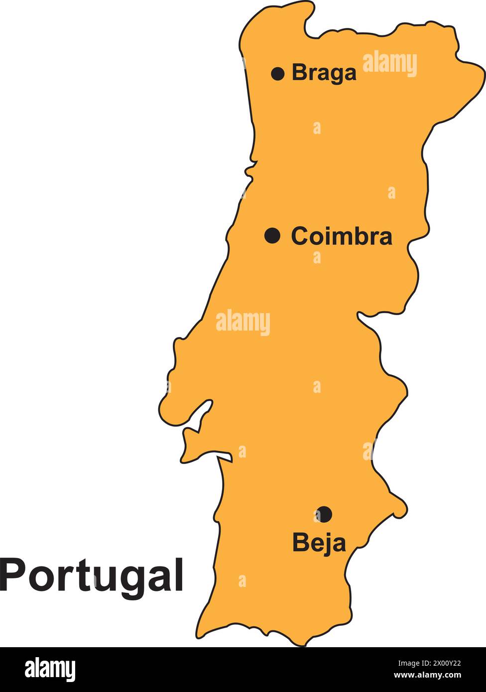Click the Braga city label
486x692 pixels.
[324, 73]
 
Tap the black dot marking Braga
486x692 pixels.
[278, 74]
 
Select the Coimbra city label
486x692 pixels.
[341, 236]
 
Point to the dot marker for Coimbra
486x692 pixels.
[272, 235]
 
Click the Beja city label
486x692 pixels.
[319, 542]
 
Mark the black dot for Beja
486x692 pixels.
[324, 514]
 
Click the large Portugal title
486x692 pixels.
[92, 575]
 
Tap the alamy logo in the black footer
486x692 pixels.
[50, 669]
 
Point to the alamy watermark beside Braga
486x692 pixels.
[389, 64]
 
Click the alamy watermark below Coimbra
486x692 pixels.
[243, 323]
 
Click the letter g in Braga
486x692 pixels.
[335, 75]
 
